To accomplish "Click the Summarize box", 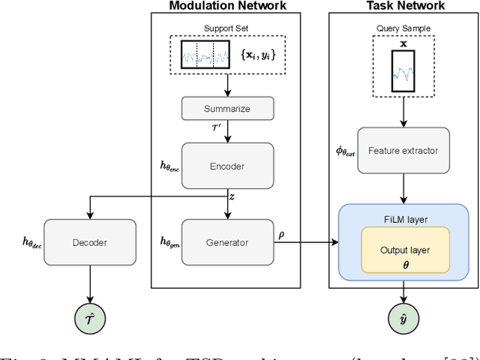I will pyautogui.click(x=226, y=109).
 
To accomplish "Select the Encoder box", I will pyautogui.click(x=226, y=166).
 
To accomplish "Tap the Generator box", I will pyautogui.click(x=226, y=241).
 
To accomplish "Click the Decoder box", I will pyautogui.click(x=90, y=241).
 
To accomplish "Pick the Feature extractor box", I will pyautogui.click(x=403, y=150).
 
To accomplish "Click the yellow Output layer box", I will pyautogui.click(x=405, y=250).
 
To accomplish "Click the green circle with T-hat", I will pyautogui.click(x=90, y=320).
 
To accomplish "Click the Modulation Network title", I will pyautogui.click(x=227, y=6).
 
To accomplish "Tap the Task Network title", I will pyautogui.click(x=404, y=6).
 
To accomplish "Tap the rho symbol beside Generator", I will pyautogui.click(x=281, y=233).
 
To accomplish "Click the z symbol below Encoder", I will pyautogui.click(x=232, y=196).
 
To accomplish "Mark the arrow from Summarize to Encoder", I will pyautogui.click(x=226, y=130).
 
